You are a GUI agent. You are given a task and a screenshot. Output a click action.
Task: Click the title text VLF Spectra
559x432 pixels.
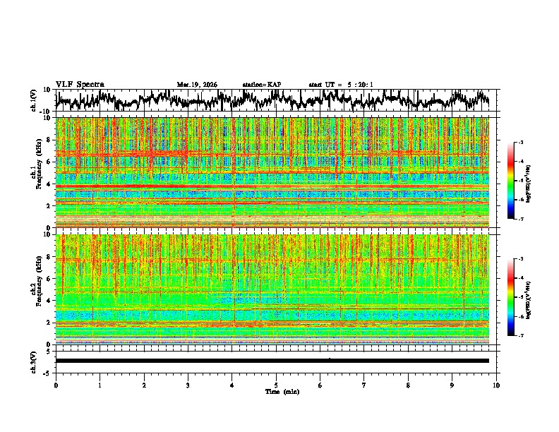[80, 85]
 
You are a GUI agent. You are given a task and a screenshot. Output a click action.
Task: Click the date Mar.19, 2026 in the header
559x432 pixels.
[197, 85]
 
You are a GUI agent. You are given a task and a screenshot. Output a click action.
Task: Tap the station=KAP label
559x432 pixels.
[262, 85]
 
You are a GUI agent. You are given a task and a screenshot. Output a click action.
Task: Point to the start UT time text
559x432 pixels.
[341, 85]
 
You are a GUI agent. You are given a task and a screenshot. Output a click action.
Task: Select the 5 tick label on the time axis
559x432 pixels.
[276, 385]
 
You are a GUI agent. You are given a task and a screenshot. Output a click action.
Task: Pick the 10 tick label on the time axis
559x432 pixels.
[496, 385]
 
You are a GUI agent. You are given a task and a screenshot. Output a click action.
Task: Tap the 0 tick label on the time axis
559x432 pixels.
[56, 385]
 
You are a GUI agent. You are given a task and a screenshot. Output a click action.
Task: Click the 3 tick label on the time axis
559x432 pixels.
[188, 385]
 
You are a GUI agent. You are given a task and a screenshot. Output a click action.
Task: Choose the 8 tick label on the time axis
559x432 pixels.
[408, 385]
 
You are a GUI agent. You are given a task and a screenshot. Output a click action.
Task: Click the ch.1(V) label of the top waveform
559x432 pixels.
[34, 101]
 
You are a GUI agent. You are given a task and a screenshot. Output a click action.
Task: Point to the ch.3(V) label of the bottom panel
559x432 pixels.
[34, 361]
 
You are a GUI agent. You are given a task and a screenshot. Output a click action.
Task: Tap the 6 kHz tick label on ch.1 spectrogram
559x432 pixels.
[48, 162]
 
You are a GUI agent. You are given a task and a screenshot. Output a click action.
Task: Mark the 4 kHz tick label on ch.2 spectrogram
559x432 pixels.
[48, 300]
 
